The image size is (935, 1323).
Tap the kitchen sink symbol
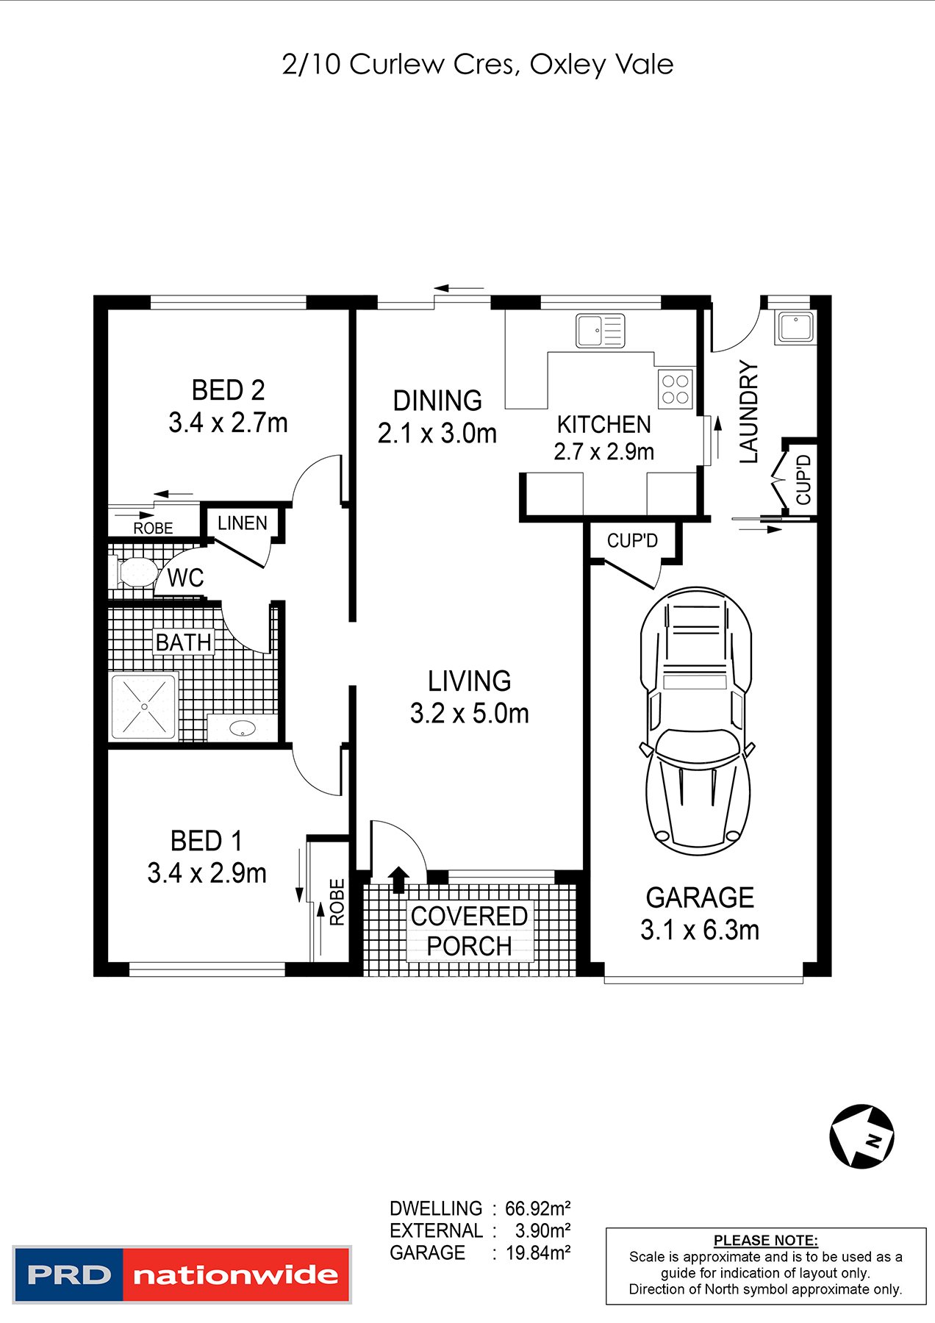tap(600, 330)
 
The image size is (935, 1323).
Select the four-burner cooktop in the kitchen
tap(675, 389)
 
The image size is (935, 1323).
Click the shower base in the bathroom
tap(143, 706)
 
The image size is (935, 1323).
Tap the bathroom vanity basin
tap(242, 728)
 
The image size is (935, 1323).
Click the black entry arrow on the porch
tap(398, 879)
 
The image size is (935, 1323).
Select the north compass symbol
tap(861, 1136)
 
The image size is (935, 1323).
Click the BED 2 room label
tap(228, 390)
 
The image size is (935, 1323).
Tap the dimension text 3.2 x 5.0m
tap(469, 714)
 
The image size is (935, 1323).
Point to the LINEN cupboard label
tap(242, 523)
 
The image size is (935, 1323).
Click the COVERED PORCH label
tap(469, 931)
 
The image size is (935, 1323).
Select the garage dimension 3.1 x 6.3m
tap(699, 931)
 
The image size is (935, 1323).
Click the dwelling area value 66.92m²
tap(538, 1208)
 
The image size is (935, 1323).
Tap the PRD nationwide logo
tap(182, 1274)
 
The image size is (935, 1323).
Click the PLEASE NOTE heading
tap(765, 1240)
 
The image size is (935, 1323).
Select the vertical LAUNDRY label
tap(748, 412)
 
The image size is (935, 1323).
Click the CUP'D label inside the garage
tap(631, 541)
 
